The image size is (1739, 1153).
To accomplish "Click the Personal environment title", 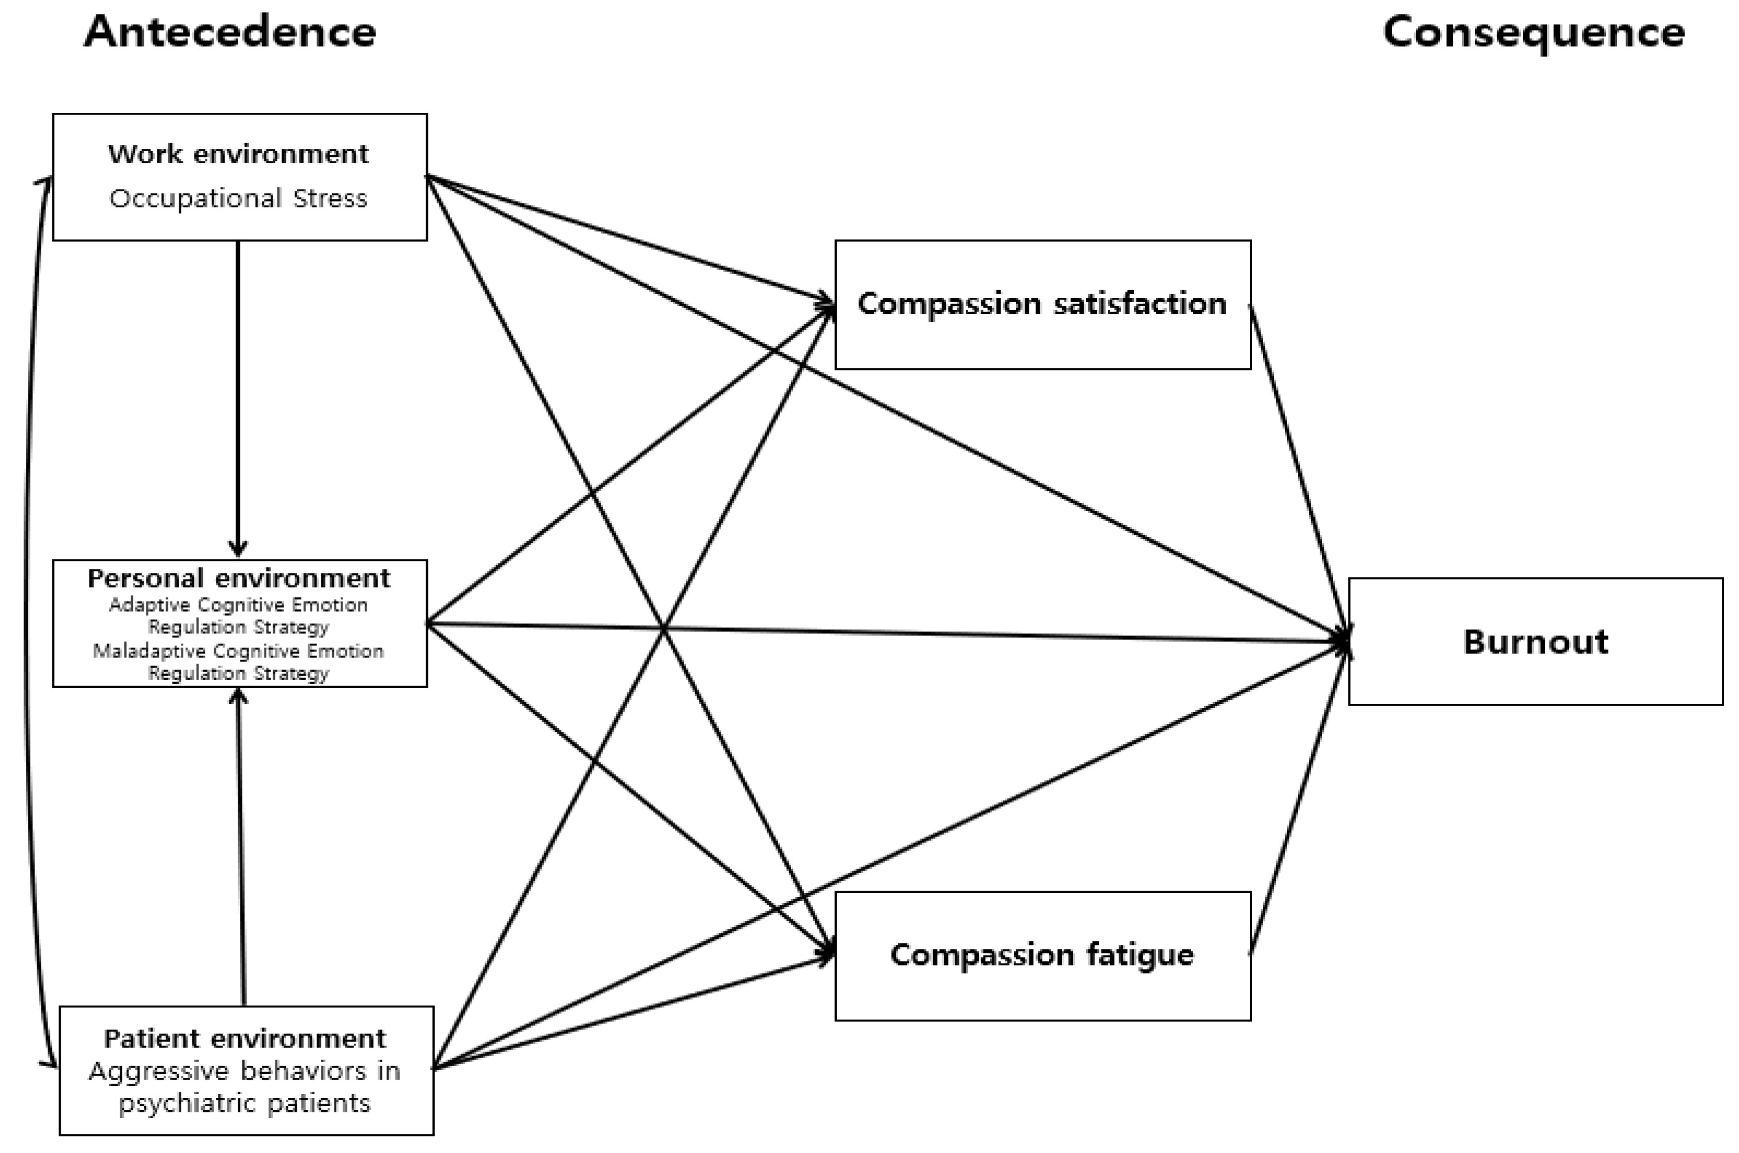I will tap(239, 579).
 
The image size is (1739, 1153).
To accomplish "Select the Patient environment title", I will tap(245, 1039).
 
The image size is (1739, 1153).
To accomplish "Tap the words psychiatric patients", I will tap(245, 1104).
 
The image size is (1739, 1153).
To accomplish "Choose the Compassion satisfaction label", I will tap(1042, 304).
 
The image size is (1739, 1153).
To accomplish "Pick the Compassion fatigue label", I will tap(1042, 954).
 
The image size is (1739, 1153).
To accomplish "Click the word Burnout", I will tap(1535, 642).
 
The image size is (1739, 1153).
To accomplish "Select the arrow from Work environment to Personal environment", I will tap(238, 397).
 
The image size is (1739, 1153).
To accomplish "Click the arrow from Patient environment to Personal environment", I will tap(241, 845).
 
